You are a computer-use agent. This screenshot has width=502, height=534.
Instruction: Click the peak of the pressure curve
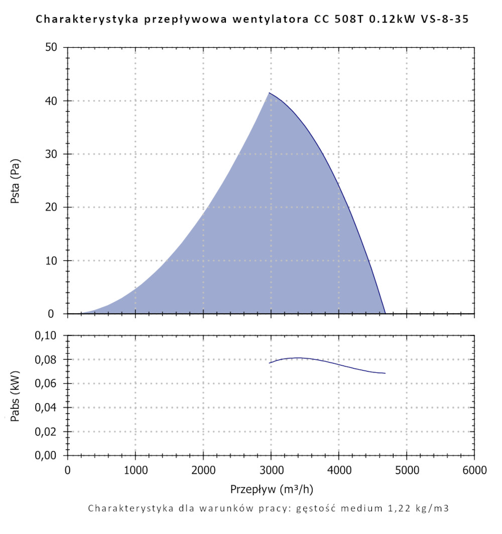(x=270, y=93)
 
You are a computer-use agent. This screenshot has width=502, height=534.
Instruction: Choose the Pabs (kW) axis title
(x=15, y=395)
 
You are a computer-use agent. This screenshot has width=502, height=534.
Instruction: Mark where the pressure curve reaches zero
(x=385, y=313)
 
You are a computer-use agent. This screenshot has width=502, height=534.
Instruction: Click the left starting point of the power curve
(x=270, y=363)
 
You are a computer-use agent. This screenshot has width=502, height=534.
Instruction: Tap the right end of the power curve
(x=385, y=373)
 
